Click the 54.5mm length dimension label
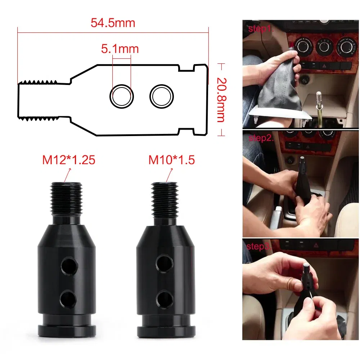pyautogui.click(x=113, y=23)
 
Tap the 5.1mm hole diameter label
pyautogui.click(x=120, y=49)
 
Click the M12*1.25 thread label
pyautogui.click(x=69, y=160)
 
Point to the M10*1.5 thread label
pyautogui.click(x=172, y=160)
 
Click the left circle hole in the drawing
pyautogui.click(x=122, y=96)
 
